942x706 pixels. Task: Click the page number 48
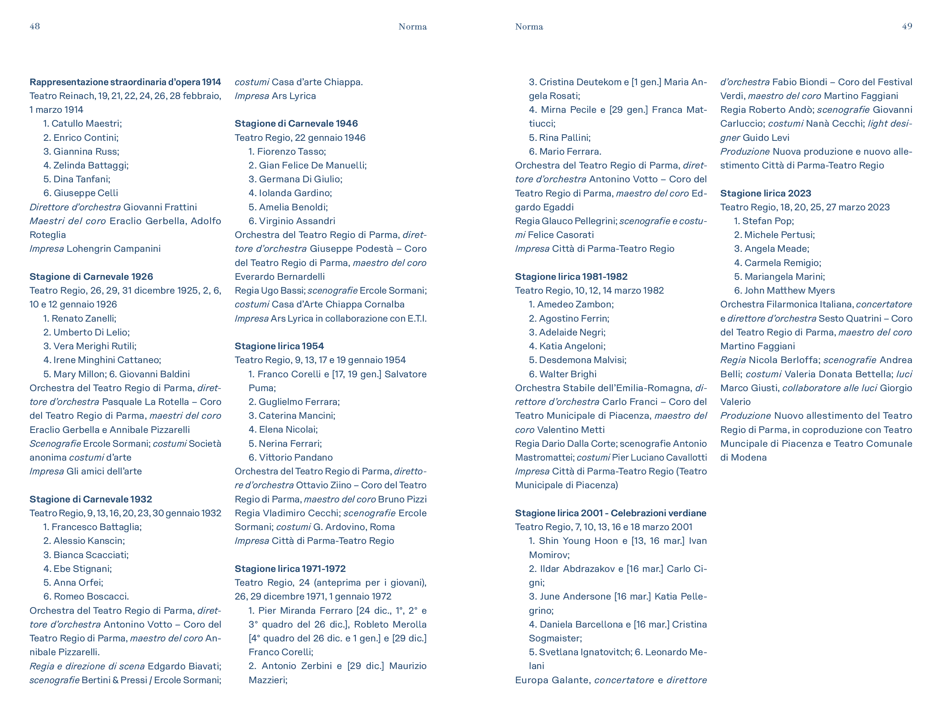[34, 27]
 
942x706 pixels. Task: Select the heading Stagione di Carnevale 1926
[91, 277]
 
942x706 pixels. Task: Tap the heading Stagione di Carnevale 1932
[90, 499]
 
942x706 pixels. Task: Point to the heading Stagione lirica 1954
[279, 346]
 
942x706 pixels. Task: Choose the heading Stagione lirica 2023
[765, 193]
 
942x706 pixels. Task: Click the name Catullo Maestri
[86, 123]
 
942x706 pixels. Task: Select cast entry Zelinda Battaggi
[90, 165]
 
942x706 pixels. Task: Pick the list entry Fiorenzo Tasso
[291, 152]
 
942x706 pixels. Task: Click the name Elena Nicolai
[288, 429]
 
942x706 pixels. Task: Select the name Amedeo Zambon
[575, 304]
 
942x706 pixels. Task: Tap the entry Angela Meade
[776, 248]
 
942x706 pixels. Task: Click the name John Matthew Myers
[789, 290]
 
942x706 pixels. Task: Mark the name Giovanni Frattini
[160, 207]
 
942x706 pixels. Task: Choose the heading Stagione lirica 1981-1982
[571, 277]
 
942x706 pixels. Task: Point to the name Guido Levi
[766, 137]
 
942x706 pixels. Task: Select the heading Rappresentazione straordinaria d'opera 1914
[125, 82]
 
